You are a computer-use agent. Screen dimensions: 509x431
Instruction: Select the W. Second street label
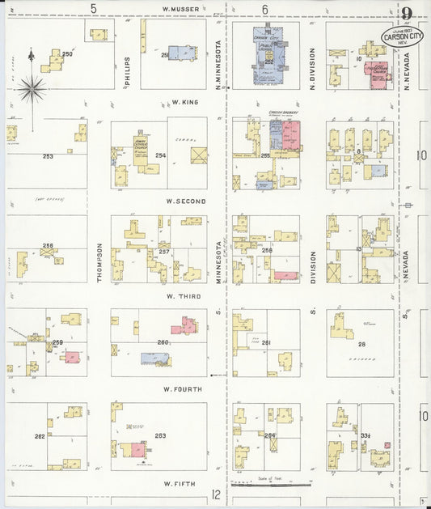[185, 201]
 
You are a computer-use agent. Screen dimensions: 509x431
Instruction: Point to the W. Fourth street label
[182, 389]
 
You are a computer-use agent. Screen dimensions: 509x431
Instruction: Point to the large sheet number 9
[407, 14]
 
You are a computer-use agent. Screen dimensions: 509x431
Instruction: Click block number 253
[48, 156]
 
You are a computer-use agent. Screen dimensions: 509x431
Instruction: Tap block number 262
[39, 436]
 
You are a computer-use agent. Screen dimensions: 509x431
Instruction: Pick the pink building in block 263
[137, 449]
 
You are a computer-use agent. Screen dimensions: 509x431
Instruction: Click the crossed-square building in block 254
[198, 155]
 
